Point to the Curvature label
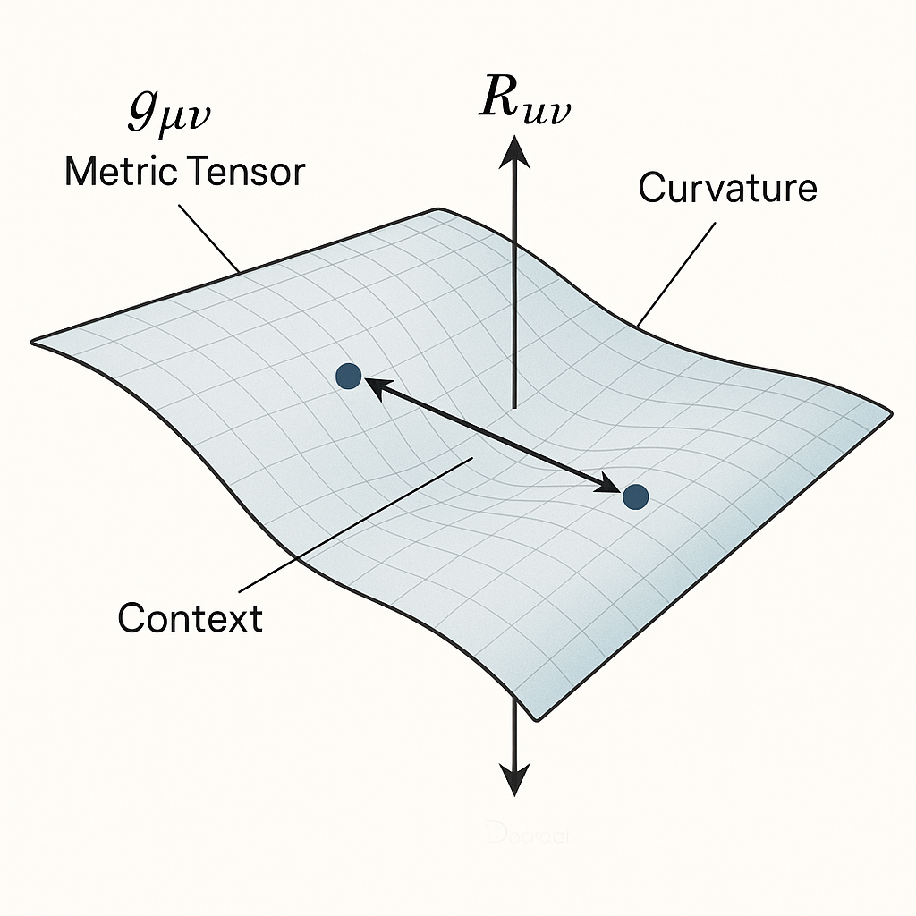(727, 188)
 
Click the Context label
(191, 617)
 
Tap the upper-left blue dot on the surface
(348, 377)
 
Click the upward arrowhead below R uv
(513, 150)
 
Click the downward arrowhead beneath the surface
(514, 781)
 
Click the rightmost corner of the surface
(889, 412)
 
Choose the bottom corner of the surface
(537, 717)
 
